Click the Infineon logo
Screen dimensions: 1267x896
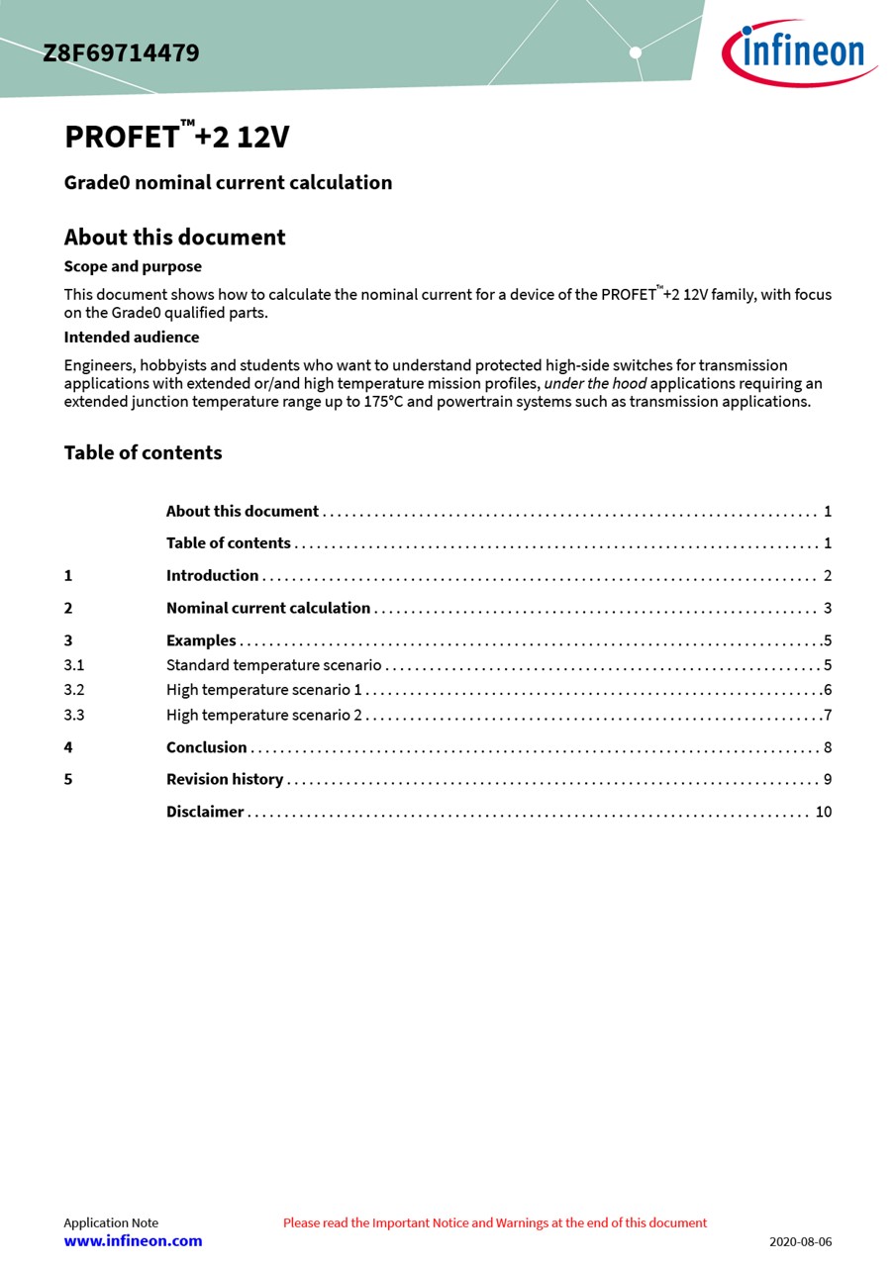pyautogui.click(x=800, y=52)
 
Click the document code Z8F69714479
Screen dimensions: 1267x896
pyautogui.click(x=121, y=53)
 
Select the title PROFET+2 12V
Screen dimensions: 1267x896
pyautogui.click(x=177, y=137)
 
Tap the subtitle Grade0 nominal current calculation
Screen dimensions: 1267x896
pyautogui.click(x=228, y=182)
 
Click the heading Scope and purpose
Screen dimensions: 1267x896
pyautogui.click(x=133, y=266)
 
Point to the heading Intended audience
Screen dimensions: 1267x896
pyautogui.click(x=132, y=338)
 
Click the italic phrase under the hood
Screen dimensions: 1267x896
pyautogui.click(x=595, y=384)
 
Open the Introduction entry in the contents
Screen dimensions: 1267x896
pyautogui.click(x=212, y=576)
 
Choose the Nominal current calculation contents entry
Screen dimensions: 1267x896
pyautogui.click(x=268, y=609)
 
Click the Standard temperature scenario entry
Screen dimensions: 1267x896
pyautogui.click(x=273, y=665)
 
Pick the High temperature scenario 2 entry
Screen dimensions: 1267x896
pyautogui.click(x=264, y=715)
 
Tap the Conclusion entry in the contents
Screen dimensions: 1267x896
pyautogui.click(x=206, y=747)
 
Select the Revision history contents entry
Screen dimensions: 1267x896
pyautogui.click(x=225, y=780)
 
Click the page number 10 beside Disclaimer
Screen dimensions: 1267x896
pyautogui.click(x=824, y=812)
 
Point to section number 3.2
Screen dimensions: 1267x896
pyautogui.click(x=74, y=690)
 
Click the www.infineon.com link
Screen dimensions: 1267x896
pyautogui.click(x=133, y=1241)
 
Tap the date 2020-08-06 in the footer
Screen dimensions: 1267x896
pyautogui.click(x=800, y=1242)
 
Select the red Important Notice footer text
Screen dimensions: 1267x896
pyautogui.click(x=495, y=1222)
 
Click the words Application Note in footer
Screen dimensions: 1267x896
pyautogui.click(x=111, y=1222)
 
